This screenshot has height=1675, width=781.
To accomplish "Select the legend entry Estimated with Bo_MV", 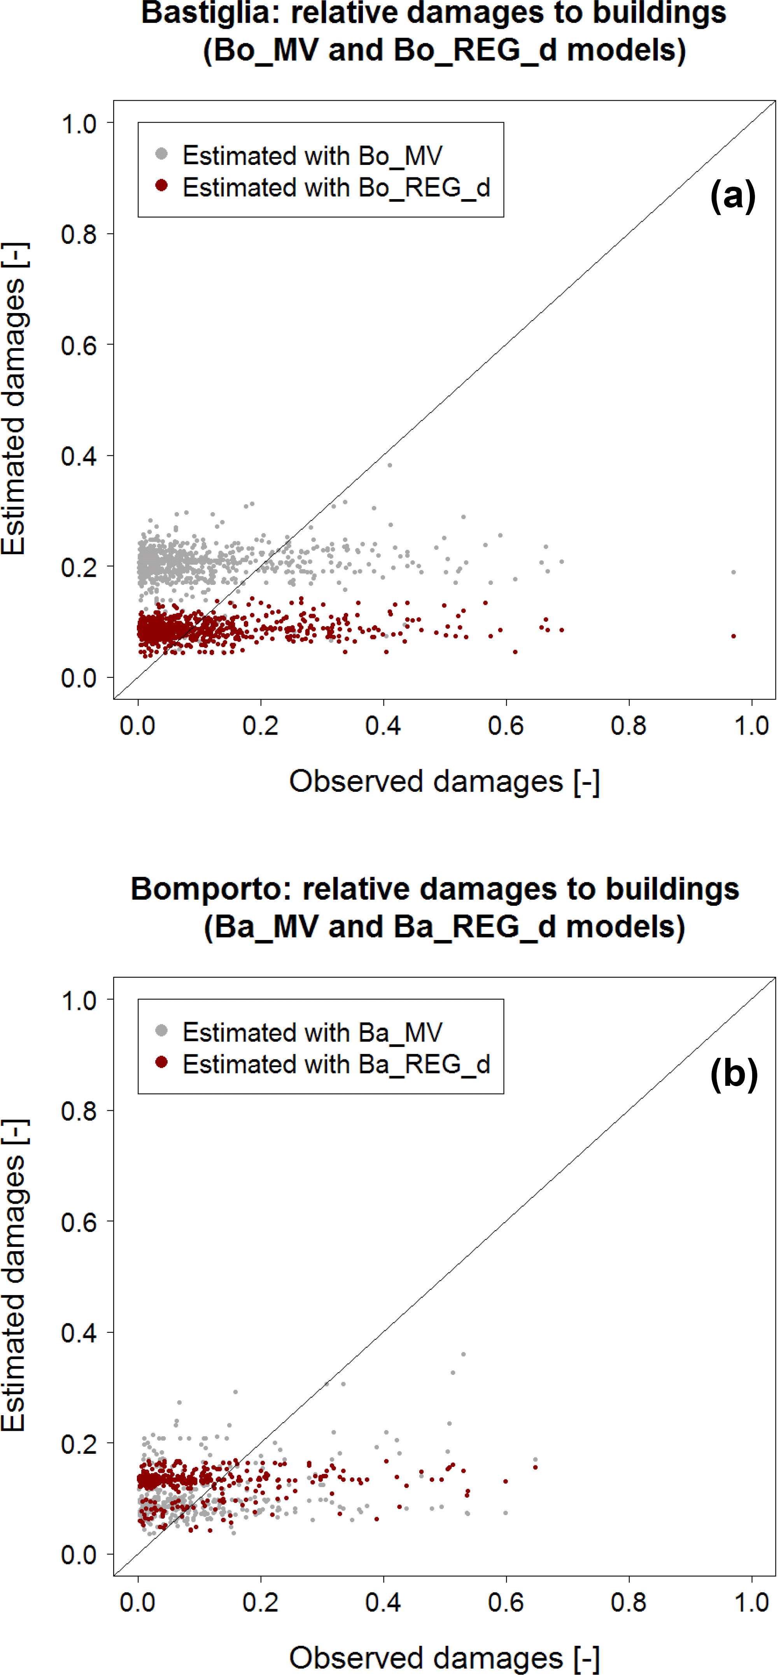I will pos(312,156).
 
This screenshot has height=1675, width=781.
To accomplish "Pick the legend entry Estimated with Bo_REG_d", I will pos(336,187).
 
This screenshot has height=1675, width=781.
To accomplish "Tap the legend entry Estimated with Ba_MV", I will pos(312,1032).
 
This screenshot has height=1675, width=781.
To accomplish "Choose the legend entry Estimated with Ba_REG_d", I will pos(336,1064).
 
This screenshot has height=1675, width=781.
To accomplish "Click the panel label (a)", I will pos(733,196).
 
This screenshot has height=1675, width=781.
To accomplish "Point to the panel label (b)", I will pos(734,1073).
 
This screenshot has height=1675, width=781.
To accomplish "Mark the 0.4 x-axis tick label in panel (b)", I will pos(383,1602).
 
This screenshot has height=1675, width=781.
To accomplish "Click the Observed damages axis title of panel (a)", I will pos(444,781).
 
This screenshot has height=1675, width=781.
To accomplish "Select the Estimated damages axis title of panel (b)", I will pos(14,1274).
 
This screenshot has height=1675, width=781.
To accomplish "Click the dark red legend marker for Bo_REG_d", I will pos(162,186).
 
